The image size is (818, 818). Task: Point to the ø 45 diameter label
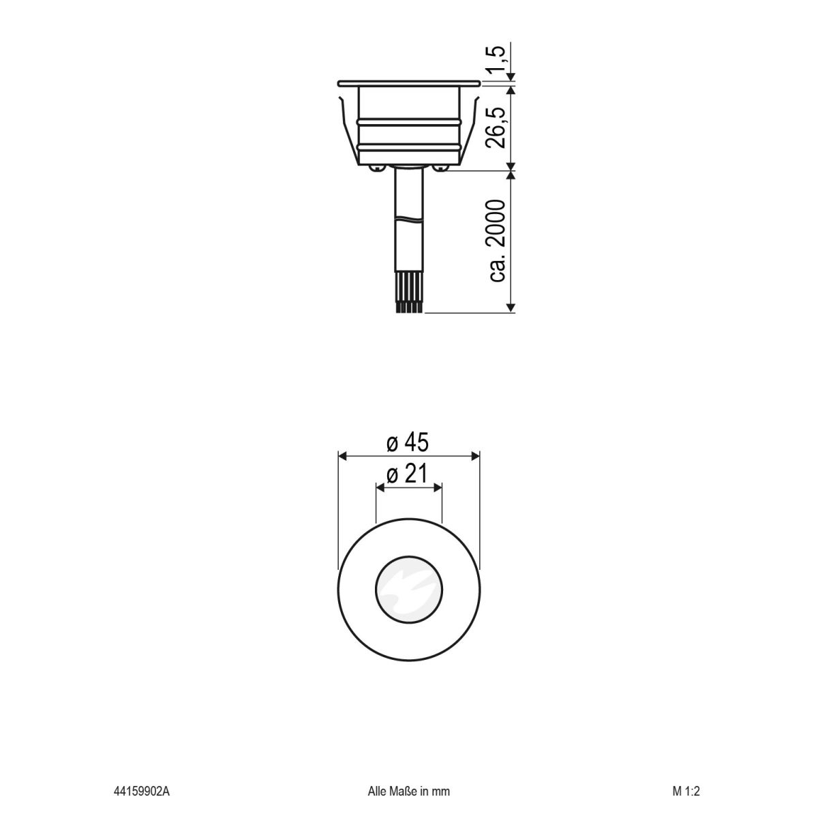[408, 443]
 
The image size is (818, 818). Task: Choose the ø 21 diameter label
[408, 474]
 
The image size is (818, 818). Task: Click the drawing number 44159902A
[141, 791]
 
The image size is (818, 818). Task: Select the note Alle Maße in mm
[408, 791]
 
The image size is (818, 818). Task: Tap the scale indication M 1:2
[686, 791]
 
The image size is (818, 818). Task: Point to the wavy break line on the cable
[409, 219]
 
